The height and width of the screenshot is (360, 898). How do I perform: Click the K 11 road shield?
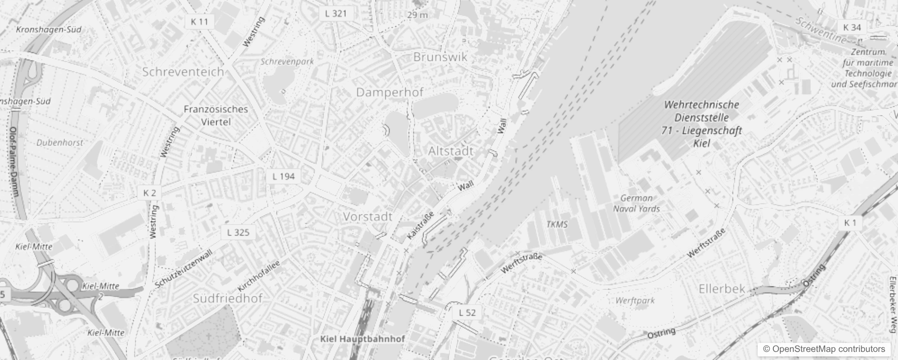point(199,22)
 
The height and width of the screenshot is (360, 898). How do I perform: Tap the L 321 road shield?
point(336,13)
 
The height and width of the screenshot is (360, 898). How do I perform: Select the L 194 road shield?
point(283,176)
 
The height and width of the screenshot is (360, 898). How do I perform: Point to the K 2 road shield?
point(149,193)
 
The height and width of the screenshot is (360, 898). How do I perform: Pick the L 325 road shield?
point(238,233)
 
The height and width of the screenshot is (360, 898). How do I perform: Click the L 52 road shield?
point(467,313)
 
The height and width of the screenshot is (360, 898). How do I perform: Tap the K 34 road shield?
point(852,27)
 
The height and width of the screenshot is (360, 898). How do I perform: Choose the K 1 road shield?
point(850,223)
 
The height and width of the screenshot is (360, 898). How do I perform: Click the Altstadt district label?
point(451,151)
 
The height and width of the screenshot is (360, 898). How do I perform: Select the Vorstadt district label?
point(368,217)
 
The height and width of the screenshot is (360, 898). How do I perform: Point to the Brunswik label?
point(440,57)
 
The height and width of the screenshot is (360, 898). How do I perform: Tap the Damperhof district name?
point(390,93)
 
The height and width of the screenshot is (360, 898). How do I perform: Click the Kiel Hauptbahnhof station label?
point(363,339)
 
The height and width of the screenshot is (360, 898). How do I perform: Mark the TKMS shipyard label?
point(557,224)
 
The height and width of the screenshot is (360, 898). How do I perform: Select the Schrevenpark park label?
point(287,62)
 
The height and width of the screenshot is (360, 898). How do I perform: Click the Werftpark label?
point(635,300)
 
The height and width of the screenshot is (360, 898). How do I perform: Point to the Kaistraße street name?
point(420,226)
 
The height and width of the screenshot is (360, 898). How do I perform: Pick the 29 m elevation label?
point(418,15)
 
